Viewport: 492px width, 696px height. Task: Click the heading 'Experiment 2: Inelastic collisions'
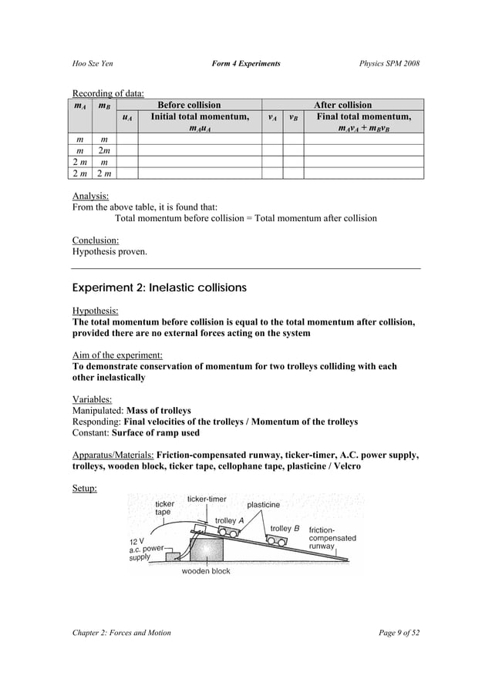[x=159, y=287]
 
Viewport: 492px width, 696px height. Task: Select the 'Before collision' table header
[x=188, y=105]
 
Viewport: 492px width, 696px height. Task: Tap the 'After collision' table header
[x=342, y=105]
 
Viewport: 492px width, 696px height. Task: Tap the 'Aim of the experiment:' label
[x=116, y=355]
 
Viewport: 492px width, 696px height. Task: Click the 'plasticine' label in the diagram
[x=264, y=505]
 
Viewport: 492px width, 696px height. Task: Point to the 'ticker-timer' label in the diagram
[x=207, y=499]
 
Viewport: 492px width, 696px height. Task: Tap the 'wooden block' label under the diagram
[x=205, y=571]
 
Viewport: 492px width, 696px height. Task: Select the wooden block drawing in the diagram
[x=201, y=550]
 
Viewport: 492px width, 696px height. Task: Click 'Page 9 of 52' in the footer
[x=392, y=633]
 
